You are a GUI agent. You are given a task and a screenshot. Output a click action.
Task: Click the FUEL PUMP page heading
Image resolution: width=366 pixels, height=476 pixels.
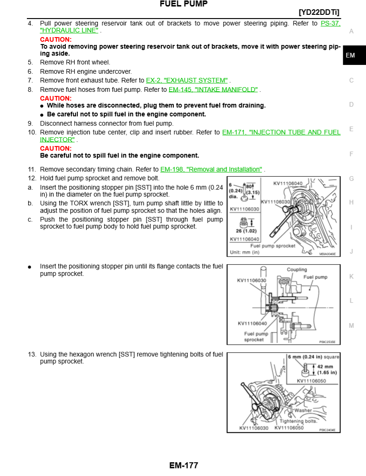coord(183,4)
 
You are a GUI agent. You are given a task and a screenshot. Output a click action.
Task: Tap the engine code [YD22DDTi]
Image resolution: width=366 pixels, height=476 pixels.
coord(319,12)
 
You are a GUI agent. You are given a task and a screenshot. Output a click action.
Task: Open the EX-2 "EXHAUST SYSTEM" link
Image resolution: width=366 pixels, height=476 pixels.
coord(187,81)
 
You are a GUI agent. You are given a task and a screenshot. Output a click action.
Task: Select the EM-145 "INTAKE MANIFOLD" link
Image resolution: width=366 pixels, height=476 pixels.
coord(213,89)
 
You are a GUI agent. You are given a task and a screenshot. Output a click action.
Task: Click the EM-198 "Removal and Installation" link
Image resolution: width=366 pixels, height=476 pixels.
coord(211,169)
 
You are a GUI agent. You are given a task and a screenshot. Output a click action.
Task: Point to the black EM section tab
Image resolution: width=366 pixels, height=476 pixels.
coord(354,55)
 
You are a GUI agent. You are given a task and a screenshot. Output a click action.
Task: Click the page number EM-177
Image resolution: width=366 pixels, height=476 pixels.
coord(183,465)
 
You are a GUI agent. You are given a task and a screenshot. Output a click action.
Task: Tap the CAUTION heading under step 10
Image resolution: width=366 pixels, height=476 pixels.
coord(56,148)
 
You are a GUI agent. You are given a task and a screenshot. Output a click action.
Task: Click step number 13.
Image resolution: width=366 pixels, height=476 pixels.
coord(32,354)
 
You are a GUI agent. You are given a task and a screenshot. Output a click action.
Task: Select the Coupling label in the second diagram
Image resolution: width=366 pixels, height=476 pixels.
coord(297,270)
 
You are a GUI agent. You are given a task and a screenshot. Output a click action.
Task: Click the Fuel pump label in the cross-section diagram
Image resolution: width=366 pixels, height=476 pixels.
coord(316,277)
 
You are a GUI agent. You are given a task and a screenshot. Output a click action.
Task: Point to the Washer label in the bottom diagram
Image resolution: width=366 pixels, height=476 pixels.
coord(303,410)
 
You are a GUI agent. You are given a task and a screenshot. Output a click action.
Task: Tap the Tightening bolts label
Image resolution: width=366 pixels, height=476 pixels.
coord(298,421)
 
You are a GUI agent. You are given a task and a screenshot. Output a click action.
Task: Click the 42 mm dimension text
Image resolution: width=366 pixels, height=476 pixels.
coord(325,367)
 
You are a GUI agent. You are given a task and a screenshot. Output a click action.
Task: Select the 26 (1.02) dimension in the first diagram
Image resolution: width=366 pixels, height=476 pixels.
coord(246,231)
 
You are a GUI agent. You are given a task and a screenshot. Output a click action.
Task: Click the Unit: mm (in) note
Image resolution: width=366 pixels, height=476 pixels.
coord(245,252)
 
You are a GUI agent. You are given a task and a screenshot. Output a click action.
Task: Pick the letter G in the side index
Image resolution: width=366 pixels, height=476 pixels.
coord(351,178)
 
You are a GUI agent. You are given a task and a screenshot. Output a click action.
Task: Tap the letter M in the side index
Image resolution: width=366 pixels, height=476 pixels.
coord(351,325)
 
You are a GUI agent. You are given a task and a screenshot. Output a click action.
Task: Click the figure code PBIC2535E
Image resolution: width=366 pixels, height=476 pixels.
coord(327,342)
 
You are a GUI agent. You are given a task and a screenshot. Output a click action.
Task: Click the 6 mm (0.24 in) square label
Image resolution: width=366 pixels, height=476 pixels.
coord(314,357)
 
